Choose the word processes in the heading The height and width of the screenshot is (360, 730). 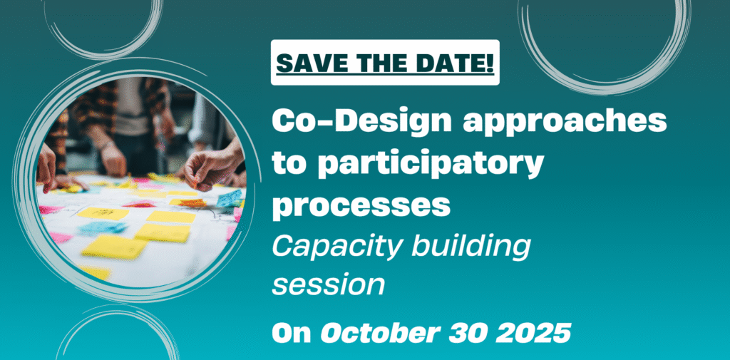[x=361, y=205]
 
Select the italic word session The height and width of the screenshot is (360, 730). [x=328, y=286]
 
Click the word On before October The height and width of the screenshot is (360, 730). [x=292, y=333]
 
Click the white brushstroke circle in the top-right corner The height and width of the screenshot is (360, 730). [x=605, y=88]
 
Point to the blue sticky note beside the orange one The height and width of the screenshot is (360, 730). [x=230, y=198]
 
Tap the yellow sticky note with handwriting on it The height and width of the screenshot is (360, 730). [x=103, y=213]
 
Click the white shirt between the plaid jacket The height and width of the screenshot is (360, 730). [x=132, y=106]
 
